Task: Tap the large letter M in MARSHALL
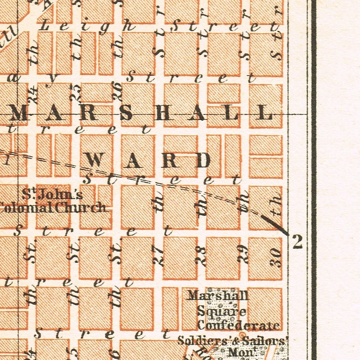(18, 112)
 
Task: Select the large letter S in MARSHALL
(126, 112)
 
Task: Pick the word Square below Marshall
(222, 311)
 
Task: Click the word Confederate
(238, 325)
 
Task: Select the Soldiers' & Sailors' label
(232, 341)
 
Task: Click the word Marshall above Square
(218, 295)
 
